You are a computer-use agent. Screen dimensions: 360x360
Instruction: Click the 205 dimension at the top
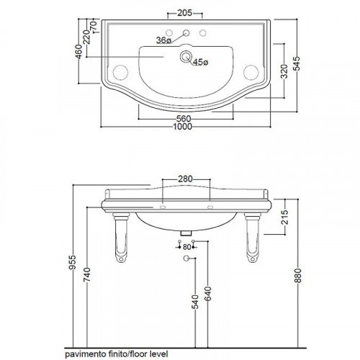pyautogui.click(x=184, y=13)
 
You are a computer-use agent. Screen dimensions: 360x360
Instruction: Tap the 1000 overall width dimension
pyautogui.click(x=183, y=127)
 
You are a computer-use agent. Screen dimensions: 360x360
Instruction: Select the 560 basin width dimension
pyautogui.click(x=184, y=119)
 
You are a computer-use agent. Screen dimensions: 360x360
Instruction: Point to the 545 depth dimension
pyautogui.click(x=297, y=63)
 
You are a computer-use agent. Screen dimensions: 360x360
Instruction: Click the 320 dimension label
pyautogui.click(x=284, y=71)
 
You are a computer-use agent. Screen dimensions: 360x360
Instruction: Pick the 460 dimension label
pyautogui.click(x=78, y=52)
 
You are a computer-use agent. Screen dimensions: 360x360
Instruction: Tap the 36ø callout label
pyautogui.click(x=163, y=40)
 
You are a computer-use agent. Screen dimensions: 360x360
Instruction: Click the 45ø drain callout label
pyautogui.click(x=201, y=63)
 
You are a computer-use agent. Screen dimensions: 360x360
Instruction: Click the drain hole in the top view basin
pyautogui.click(x=186, y=57)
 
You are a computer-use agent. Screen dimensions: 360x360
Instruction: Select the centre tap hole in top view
pyautogui.click(x=186, y=33)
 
